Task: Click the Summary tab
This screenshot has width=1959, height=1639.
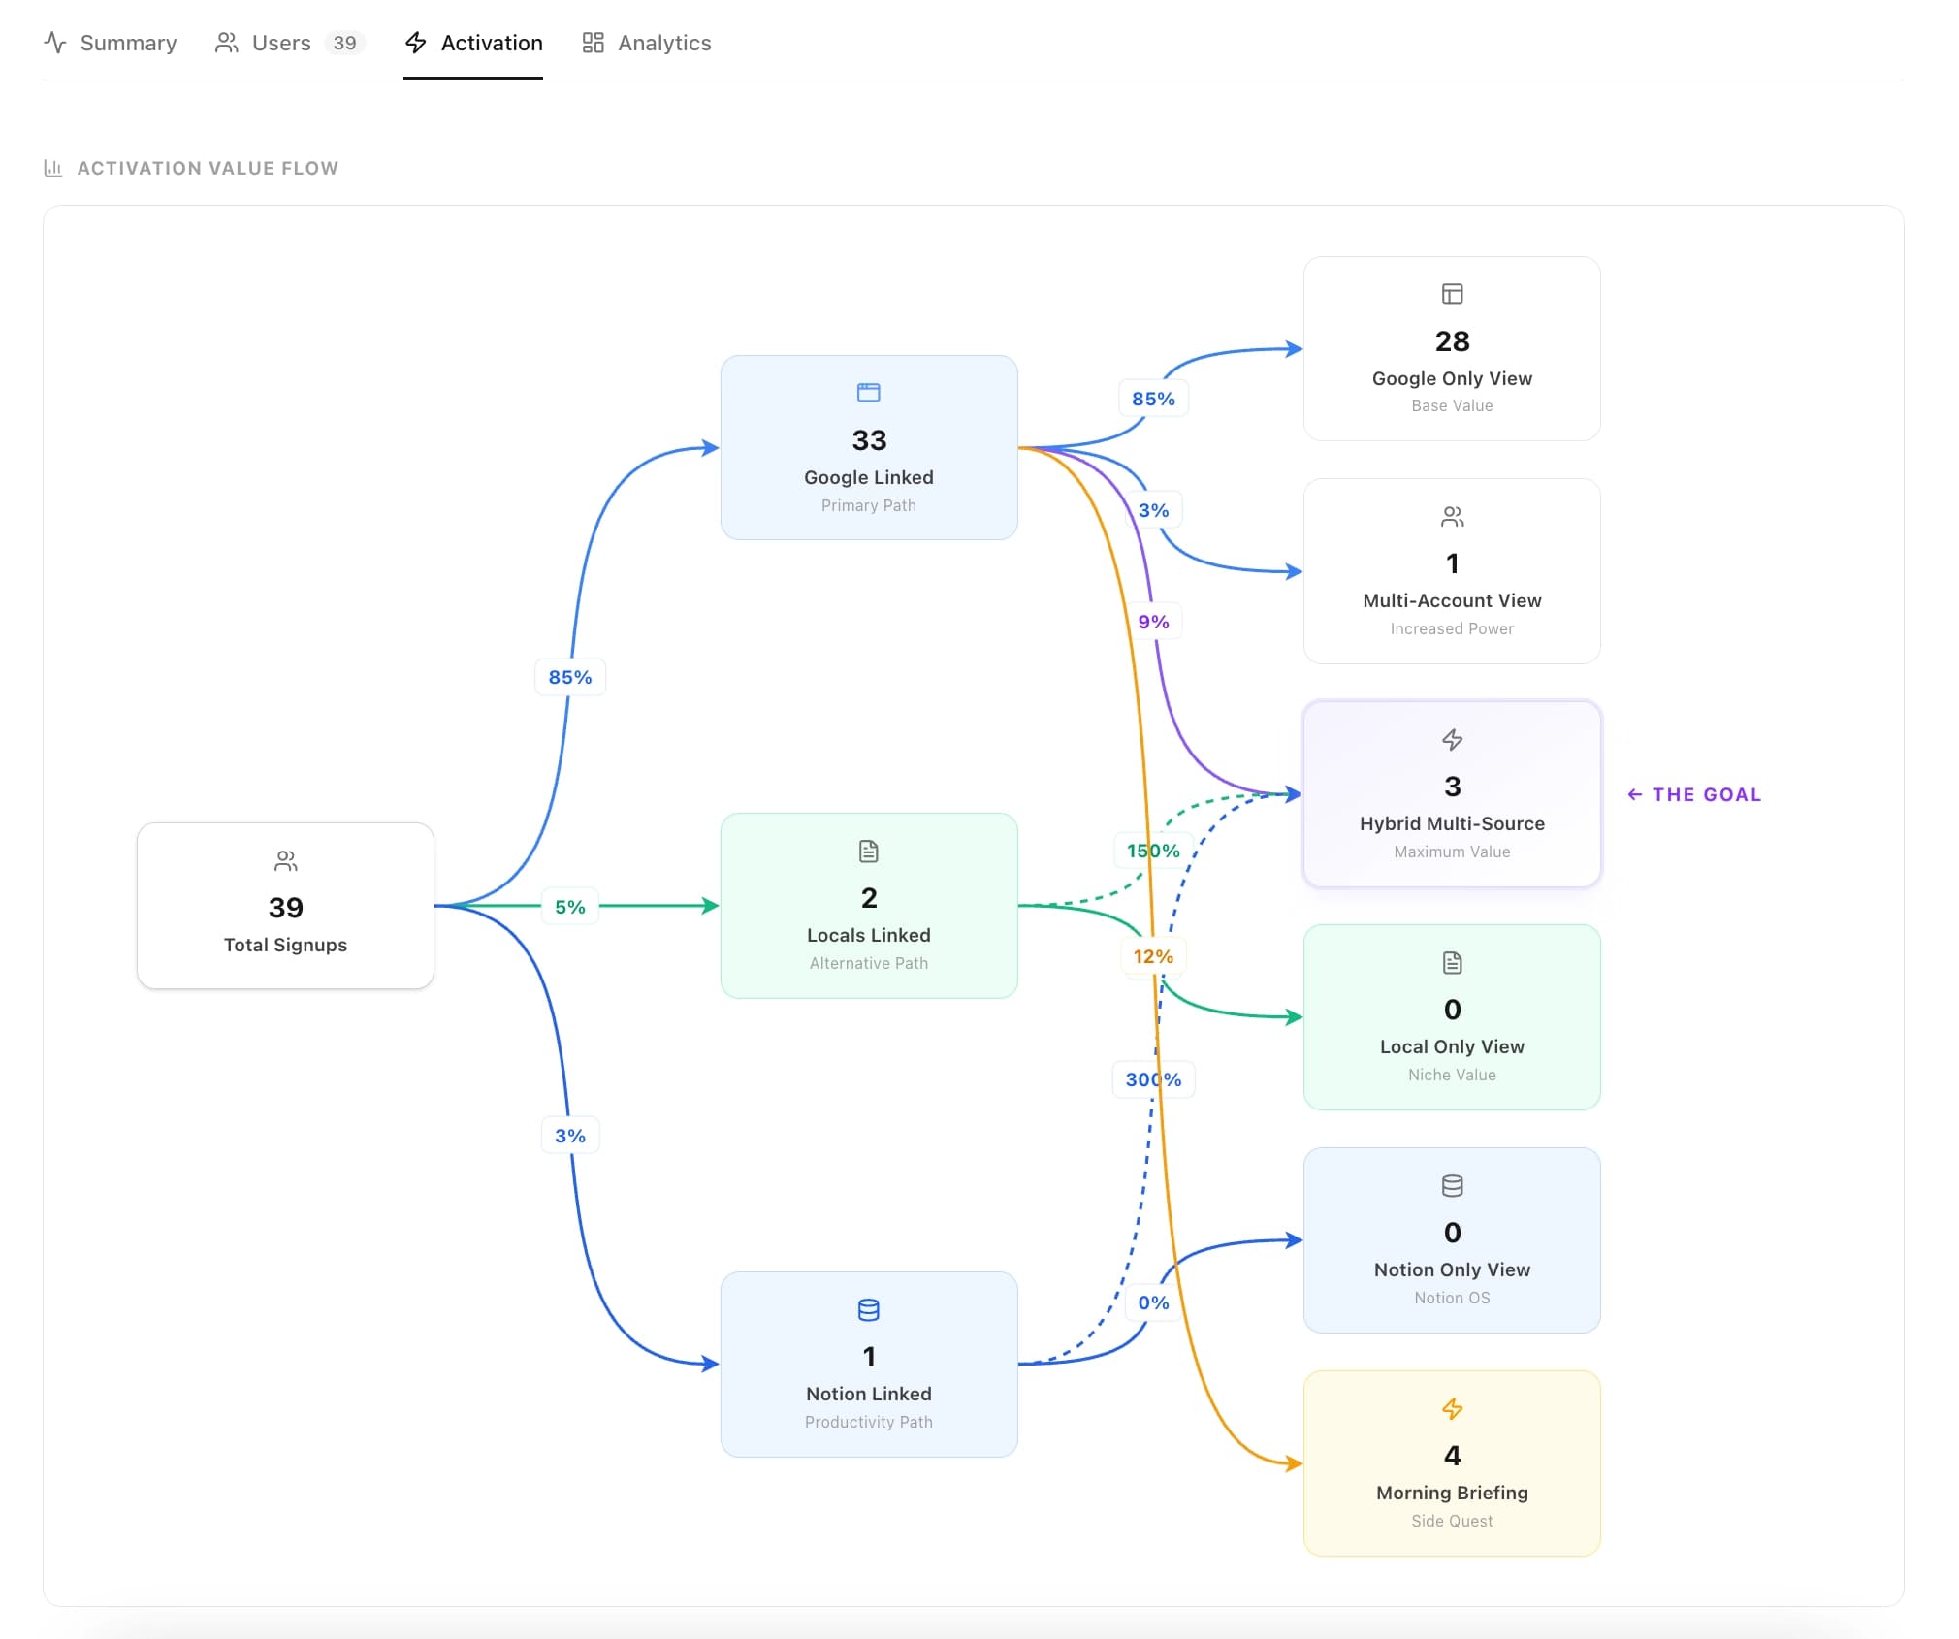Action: pyautogui.click(x=111, y=43)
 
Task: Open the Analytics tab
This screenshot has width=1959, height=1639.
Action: pyautogui.click(x=647, y=43)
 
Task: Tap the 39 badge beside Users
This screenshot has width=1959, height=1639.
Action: pyautogui.click(x=344, y=43)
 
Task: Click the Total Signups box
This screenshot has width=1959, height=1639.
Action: pyautogui.click(x=285, y=906)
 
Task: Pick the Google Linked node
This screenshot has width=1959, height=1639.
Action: pyautogui.click(x=869, y=447)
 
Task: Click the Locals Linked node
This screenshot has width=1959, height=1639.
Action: pyautogui.click(x=869, y=906)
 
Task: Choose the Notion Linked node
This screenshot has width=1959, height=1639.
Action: pyautogui.click(x=869, y=1364)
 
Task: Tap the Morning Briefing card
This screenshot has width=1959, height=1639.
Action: pyautogui.click(x=1452, y=1463)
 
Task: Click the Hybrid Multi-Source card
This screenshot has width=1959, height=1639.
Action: pyautogui.click(x=1452, y=794)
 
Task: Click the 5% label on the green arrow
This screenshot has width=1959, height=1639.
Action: pyautogui.click(x=570, y=907)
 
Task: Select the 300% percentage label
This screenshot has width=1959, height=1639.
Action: pyautogui.click(x=1153, y=1079)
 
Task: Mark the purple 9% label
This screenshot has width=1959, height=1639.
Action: pyautogui.click(x=1153, y=622)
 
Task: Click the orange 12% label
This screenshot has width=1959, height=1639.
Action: pyautogui.click(x=1153, y=956)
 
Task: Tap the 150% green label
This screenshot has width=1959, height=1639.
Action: pyautogui.click(x=1153, y=851)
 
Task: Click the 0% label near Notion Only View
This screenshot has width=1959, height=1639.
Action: pyautogui.click(x=1153, y=1302)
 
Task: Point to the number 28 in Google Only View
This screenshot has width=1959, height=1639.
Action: pyautogui.click(x=1452, y=341)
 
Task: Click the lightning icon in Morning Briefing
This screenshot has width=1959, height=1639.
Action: pyautogui.click(x=1452, y=1408)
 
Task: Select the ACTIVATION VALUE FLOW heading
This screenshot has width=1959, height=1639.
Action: pyautogui.click(x=208, y=168)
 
